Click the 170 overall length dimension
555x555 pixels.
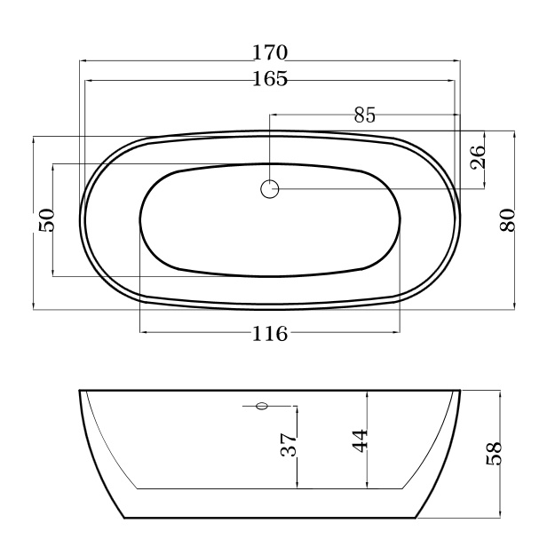[270, 52]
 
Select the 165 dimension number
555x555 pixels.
[270, 78]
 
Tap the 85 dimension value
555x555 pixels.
[365, 115]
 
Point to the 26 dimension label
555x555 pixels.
[478, 157]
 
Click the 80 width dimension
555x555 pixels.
[507, 220]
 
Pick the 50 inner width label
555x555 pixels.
[46, 220]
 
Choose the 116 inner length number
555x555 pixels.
[270, 333]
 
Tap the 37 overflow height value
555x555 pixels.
[289, 444]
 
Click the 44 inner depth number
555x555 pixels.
[361, 440]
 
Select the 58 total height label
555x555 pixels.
[494, 454]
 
